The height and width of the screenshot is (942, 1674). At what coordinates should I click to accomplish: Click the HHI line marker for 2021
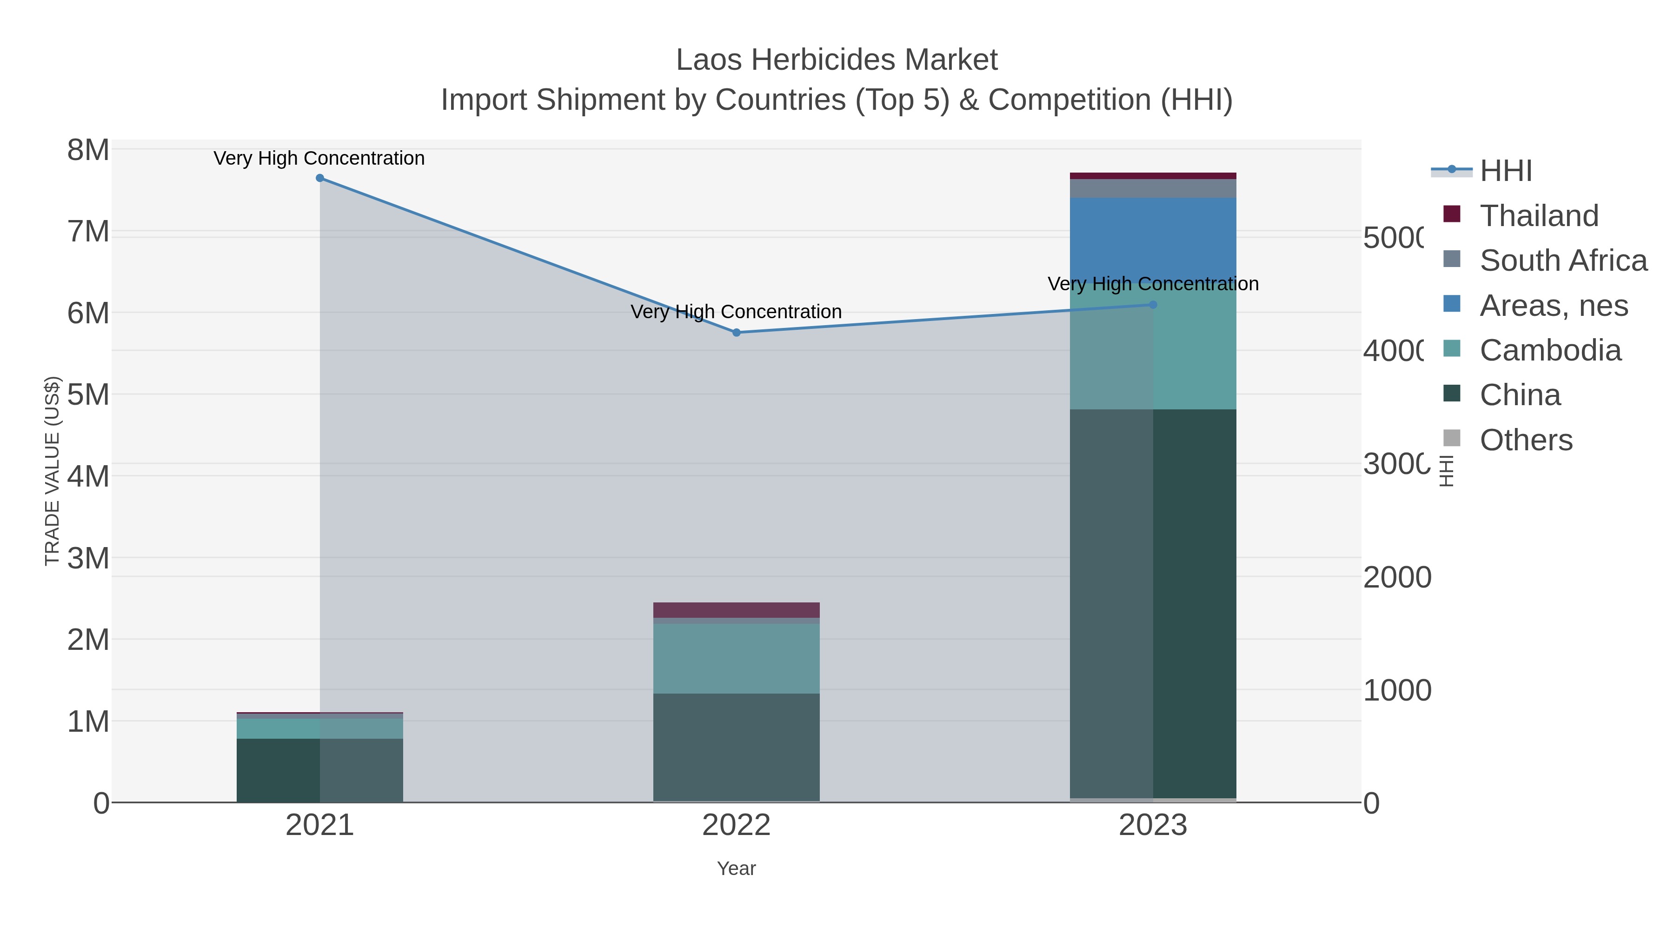click(x=320, y=178)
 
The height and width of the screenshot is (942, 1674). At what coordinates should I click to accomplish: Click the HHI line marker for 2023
click(x=1153, y=304)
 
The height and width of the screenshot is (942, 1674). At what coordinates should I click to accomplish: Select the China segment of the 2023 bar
click(x=1153, y=605)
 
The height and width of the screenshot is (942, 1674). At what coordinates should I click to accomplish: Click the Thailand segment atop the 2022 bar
click(x=736, y=610)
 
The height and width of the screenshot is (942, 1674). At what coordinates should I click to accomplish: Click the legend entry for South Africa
click(x=1563, y=261)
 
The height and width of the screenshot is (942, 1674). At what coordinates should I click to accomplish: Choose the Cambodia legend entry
click(x=1550, y=350)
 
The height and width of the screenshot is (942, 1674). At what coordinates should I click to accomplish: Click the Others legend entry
click(x=1525, y=440)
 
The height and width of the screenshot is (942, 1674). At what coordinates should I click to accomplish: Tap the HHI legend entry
click(x=1506, y=171)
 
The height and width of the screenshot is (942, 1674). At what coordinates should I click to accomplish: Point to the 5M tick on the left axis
click(x=88, y=394)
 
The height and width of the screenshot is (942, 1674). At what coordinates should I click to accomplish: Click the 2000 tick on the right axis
click(x=1396, y=577)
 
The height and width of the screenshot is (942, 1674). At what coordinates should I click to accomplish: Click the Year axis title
click(x=736, y=869)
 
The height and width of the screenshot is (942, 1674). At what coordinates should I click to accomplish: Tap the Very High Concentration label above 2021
click(x=319, y=159)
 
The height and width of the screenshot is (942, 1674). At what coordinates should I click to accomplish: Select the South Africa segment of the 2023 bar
click(x=1153, y=188)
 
